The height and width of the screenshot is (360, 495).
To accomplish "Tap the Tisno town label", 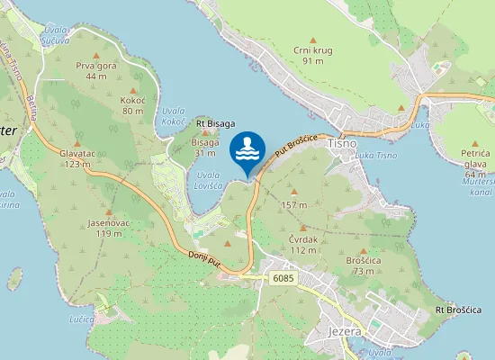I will point(343,143).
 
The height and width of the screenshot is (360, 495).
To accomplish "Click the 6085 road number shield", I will point(282,278).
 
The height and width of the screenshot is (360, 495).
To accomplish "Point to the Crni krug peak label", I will point(312,50).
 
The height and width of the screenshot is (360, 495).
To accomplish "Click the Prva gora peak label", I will point(96,66).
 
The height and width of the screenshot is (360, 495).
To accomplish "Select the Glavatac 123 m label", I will point(77,157).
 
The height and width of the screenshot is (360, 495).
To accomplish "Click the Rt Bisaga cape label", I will point(215,123).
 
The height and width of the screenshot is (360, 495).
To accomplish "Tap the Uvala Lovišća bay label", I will point(208,181).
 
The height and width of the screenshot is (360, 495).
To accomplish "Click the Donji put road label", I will point(206,261).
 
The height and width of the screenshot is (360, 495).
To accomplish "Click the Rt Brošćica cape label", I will point(458,310).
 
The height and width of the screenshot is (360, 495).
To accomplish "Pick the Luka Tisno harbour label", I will point(376,156).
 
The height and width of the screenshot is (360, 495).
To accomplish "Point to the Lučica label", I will point(82,319).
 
